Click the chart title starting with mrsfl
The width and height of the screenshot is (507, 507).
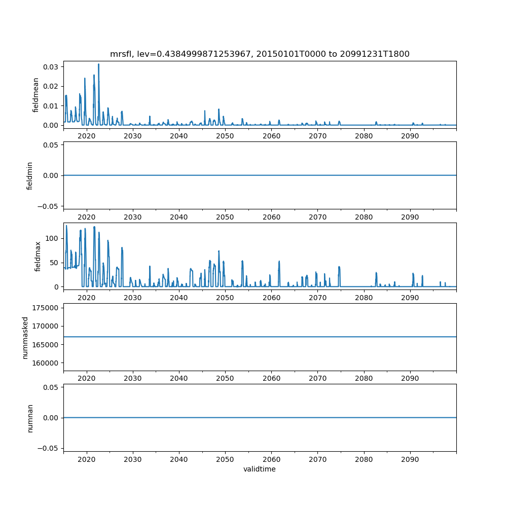260,54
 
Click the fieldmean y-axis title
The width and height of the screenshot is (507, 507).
35,95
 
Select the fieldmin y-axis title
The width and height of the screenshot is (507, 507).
30,175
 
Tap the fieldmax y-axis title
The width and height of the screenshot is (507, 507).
38,256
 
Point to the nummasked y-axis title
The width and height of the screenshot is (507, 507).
25,337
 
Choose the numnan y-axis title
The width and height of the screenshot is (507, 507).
30,418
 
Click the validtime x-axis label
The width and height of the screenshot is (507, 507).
260,469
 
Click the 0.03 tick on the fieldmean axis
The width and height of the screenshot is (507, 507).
52,67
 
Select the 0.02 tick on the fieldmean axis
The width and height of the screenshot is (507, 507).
52,86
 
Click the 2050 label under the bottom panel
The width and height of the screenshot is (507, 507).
225,459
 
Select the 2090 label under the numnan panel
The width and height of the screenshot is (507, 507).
410,459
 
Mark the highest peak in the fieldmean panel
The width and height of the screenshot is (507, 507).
98,64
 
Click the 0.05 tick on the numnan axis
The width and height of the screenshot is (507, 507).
52,387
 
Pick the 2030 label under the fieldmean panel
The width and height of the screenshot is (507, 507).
133,136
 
